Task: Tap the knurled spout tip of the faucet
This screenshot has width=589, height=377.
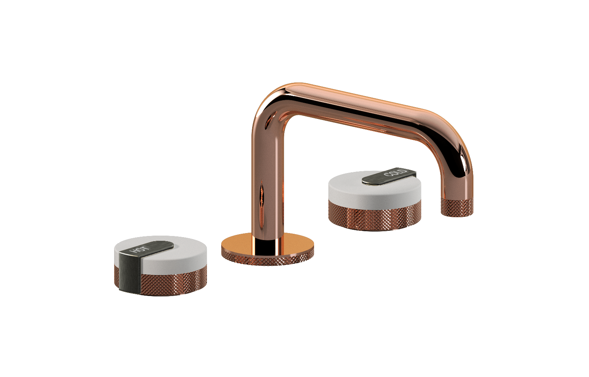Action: (x=457, y=207)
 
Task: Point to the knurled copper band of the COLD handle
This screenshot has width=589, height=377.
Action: (x=375, y=216)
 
